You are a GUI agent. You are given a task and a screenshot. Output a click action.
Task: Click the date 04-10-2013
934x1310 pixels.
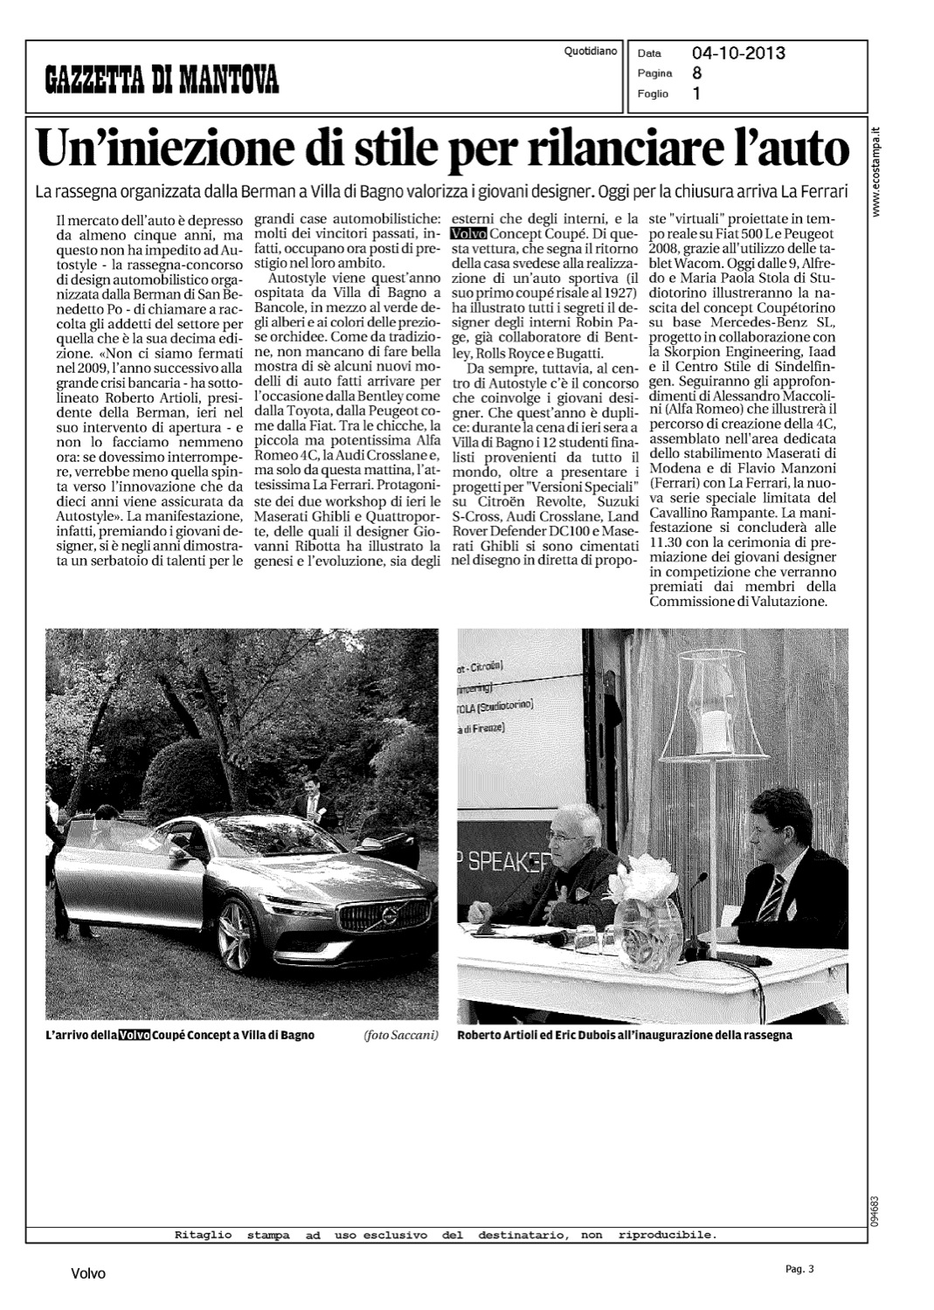pyautogui.click(x=738, y=53)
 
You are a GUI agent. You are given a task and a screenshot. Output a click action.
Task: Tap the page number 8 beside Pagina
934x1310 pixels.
pyautogui.click(x=696, y=73)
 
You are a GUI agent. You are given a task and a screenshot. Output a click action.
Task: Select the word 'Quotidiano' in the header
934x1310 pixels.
pyautogui.click(x=591, y=52)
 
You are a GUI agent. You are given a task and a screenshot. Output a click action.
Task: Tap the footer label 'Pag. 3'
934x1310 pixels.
pyautogui.click(x=798, y=1269)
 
